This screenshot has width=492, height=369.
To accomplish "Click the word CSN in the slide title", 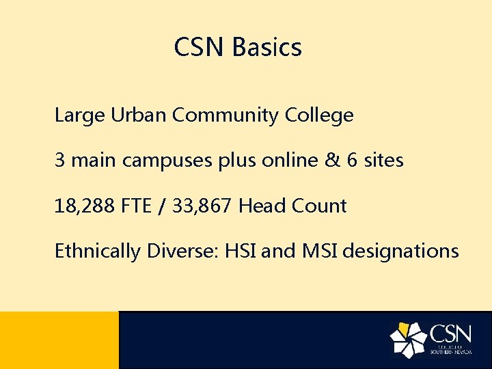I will (x=200, y=48).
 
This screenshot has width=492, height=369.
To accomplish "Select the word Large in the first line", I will (x=77, y=116).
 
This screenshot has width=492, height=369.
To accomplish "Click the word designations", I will (x=400, y=251).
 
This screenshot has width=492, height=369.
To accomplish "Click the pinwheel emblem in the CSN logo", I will (x=408, y=340).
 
